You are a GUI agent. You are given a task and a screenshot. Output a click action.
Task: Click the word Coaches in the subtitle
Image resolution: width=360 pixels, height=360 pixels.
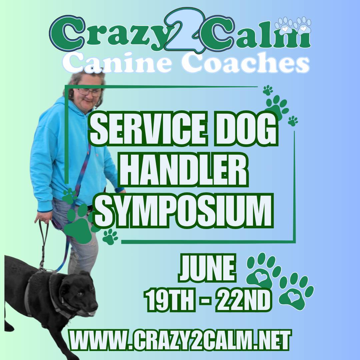(246, 62)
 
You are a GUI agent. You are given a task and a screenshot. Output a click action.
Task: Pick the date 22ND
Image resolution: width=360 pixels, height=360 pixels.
(243, 299)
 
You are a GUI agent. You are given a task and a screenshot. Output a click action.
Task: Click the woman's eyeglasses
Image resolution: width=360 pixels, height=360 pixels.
(90, 92)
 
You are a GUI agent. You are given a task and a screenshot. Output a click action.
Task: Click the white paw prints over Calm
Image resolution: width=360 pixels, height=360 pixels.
(293, 26)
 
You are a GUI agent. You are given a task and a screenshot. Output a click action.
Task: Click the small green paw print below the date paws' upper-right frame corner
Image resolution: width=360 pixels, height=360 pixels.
(293, 121)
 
